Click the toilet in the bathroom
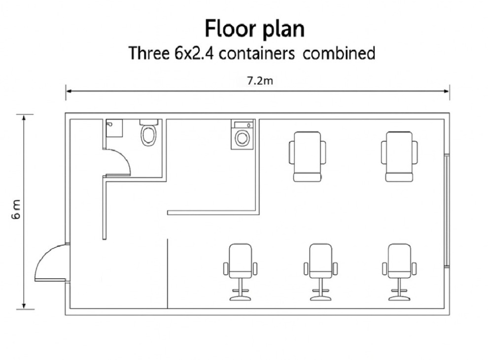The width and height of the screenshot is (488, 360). click(149, 133)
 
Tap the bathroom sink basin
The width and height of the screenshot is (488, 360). click(114, 128)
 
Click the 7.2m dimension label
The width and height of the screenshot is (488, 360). click(260, 81)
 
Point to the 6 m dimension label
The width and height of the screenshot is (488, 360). click(16, 209)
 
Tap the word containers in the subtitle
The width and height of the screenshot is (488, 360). click(256, 53)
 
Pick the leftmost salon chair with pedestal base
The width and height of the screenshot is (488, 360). click(240, 272)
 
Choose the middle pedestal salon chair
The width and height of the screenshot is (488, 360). click(320, 272)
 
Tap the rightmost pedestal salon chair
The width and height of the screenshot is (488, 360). click(399, 272)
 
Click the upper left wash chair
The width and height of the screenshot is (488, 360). click(308, 157)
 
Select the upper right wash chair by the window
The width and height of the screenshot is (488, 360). click(399, 157)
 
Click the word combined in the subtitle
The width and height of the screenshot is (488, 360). click(339, 53)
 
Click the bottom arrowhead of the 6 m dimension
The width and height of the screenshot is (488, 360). click(24, 306)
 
